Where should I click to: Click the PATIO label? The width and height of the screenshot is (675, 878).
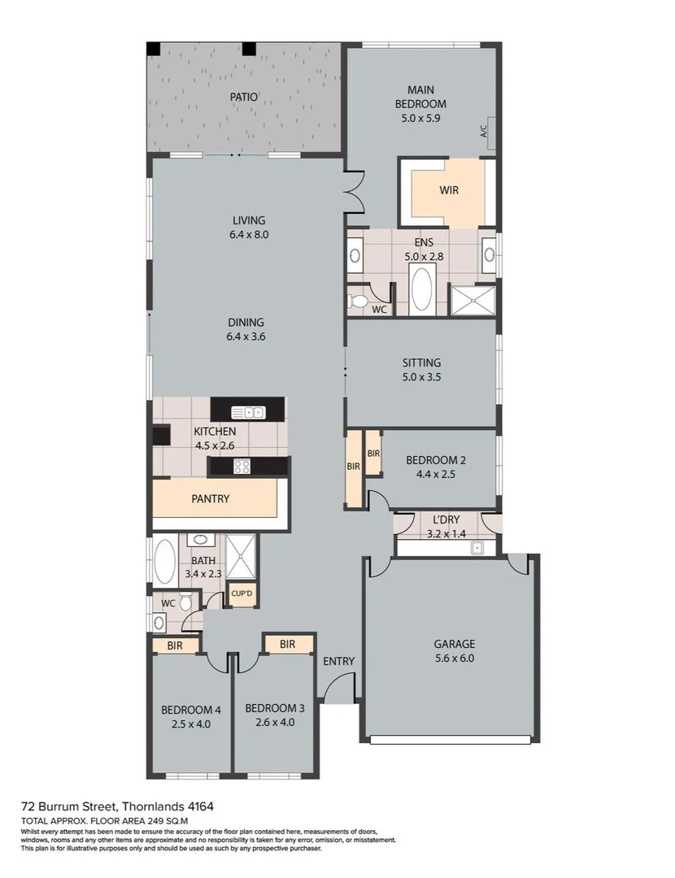click(243, 97)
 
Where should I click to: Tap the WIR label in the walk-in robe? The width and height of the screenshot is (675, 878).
click(449, 190)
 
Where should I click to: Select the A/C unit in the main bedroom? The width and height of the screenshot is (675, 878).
click(485, 128)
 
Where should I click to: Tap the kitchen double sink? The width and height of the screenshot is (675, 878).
click(248, 411)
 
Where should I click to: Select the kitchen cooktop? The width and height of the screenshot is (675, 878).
click(242, 467)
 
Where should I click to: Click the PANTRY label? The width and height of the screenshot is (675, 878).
click(211, 499)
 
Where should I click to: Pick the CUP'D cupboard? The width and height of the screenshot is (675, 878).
click(242, 594)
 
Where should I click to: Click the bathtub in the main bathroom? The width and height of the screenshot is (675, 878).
click(165, 561)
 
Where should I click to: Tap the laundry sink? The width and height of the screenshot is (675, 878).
click(477, 547)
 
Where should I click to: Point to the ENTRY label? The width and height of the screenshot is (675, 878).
click(338, 661)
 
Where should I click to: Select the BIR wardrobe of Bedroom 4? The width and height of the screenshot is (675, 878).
click(175, 645)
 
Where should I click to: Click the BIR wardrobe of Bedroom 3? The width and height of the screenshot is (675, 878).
click(287, 644)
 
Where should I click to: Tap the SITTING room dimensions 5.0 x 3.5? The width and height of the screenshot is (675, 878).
click(421, 377)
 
